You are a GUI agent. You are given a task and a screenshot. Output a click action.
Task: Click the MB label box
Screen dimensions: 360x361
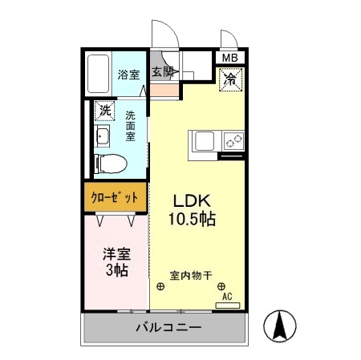point(229,58)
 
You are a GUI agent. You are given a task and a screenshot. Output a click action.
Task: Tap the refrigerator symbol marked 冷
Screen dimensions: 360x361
point(229,79)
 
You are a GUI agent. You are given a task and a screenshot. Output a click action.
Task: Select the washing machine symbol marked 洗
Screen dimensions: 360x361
point(103,111)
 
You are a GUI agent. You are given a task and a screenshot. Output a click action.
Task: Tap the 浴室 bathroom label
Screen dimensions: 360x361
point(129,75)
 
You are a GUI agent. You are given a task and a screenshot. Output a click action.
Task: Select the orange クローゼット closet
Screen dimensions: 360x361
point(114,196)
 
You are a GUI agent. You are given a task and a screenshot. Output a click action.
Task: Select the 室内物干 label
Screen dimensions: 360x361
point(190,275)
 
